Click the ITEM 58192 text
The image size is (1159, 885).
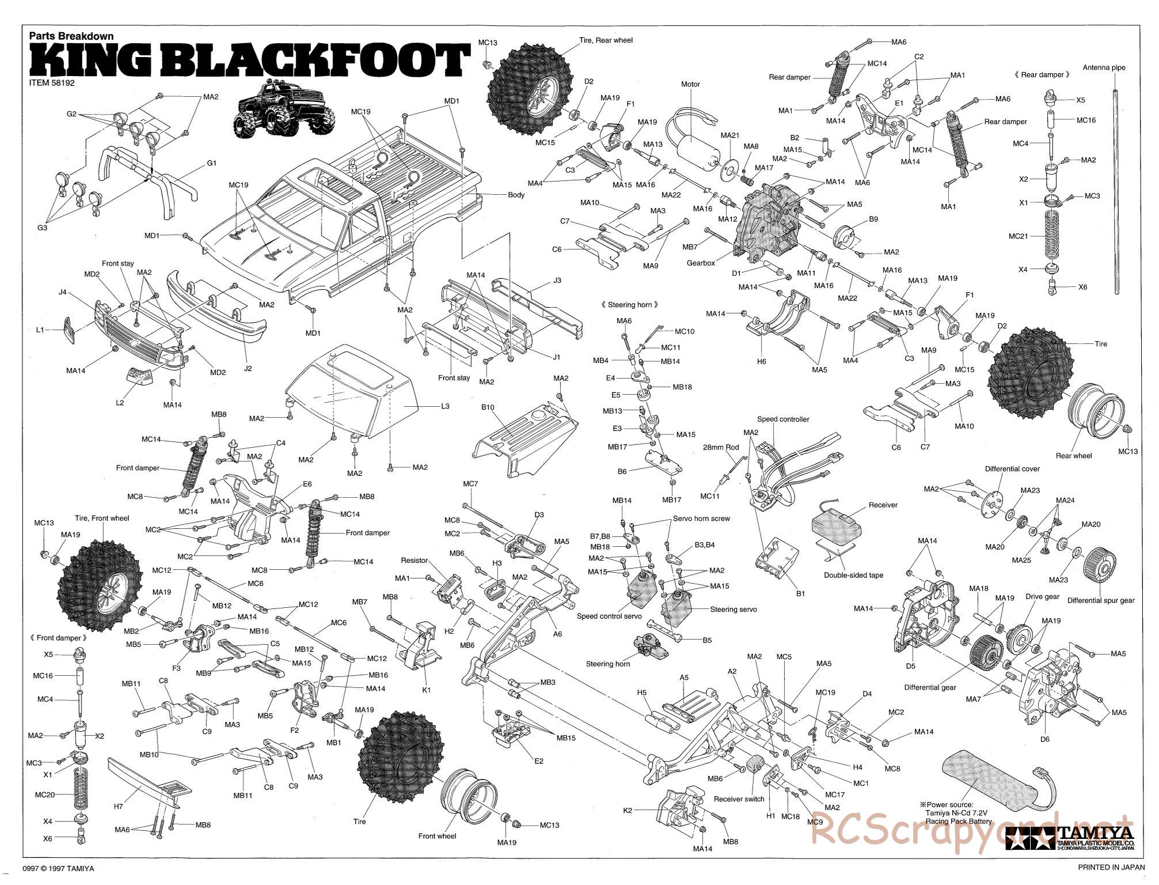click(x=52, y=82)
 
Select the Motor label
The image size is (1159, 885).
click(x=690, y=84)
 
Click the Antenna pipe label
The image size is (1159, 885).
click(x=1104, y=67)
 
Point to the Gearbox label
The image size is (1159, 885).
click(x=701, y=263)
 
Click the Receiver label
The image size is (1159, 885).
click(x=883, y=505)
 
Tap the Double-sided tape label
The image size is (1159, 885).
click(x=853, y=575)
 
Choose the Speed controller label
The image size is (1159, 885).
click(x=783, y=419)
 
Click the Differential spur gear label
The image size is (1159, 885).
click(x=1100, y=600)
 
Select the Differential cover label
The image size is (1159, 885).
click(x=1012, y=468)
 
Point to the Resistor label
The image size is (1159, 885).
click(x=415, y=560)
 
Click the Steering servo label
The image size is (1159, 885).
click(x=733, y=609)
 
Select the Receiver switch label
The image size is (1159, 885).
click(x=739, y=799)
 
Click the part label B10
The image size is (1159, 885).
click(x=488, y=407)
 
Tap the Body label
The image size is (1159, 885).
click(x=516, y=195)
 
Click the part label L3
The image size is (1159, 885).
click(x=444, y=406)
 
